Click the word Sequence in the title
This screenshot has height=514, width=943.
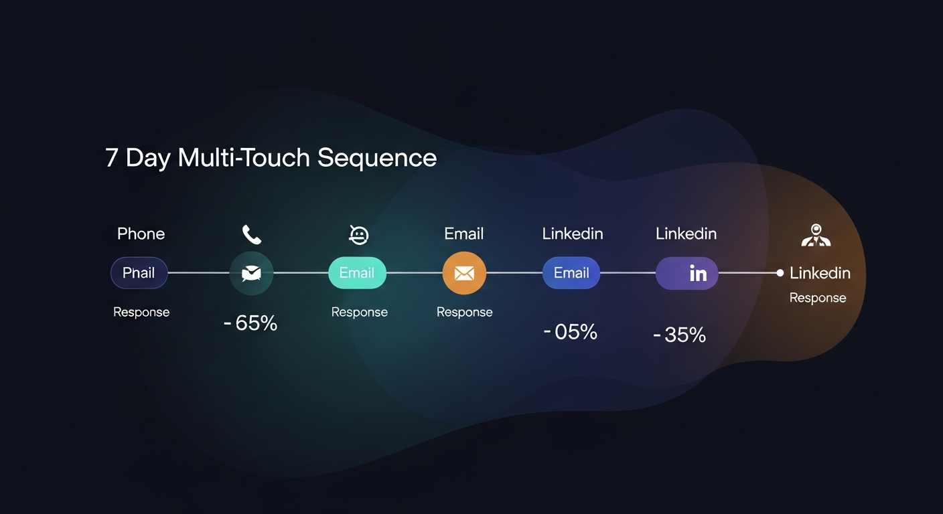(x=376, y=158)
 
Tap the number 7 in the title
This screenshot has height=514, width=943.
(x=112, y=158)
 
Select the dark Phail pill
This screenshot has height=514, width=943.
(x=139, y=273)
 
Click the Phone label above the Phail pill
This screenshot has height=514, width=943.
(x=141, y=234)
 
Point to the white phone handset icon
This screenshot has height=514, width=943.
(x=252, y=234)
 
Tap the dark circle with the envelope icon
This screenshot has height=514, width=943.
(x=251, y=273)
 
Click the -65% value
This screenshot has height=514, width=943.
(x=250, y=323)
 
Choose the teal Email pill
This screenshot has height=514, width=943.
(x=357, y=273)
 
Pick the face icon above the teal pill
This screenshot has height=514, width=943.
(x=359, y=234)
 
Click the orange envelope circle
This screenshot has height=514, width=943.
(x=464, y=273)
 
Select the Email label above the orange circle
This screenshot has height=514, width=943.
(x=463, y=234)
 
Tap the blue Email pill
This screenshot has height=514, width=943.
(x=571, y=273)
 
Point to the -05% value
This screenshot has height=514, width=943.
(x=571, y=332)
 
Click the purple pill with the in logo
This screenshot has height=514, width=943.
(x=686, y=273)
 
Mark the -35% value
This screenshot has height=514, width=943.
(x=680, y=335)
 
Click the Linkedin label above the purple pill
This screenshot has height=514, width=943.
(x=686, y=234)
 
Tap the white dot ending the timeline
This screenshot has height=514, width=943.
(x=780, y=273)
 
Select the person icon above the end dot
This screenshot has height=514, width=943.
(x=816, y=235)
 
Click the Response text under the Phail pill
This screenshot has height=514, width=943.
(x=141, y=312)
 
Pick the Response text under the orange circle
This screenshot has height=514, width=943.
(x=464, y=312)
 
